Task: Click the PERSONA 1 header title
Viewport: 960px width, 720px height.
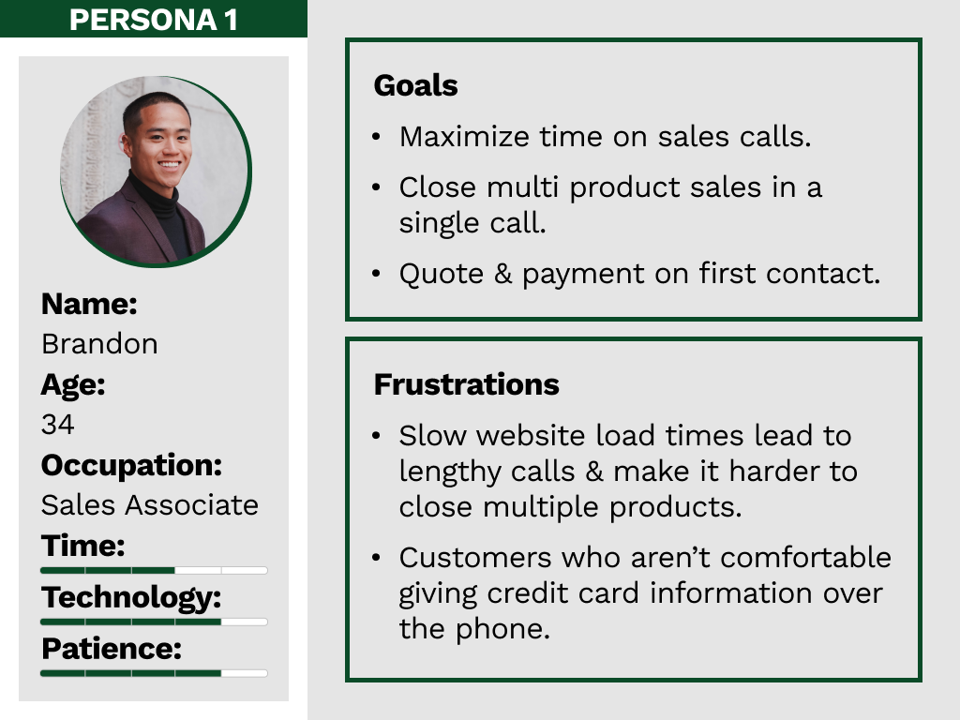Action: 153,20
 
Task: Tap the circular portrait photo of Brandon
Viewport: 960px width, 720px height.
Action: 157,172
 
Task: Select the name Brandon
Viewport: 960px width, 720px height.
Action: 99,344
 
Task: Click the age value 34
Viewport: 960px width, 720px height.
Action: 57,425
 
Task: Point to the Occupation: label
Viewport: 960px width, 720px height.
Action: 131,465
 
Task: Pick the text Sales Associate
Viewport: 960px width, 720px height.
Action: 150,505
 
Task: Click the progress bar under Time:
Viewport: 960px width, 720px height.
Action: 154,571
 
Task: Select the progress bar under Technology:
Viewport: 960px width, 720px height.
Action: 154,622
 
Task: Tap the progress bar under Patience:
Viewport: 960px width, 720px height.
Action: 154,673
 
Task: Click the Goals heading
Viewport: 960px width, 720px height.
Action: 415,85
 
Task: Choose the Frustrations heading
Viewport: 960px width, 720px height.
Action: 467,384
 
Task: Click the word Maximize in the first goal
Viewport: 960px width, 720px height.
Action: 464,137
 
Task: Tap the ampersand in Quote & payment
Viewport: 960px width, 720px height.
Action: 502,274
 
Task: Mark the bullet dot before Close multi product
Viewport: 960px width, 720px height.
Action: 376,187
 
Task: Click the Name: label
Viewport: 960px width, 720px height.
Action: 89,305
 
